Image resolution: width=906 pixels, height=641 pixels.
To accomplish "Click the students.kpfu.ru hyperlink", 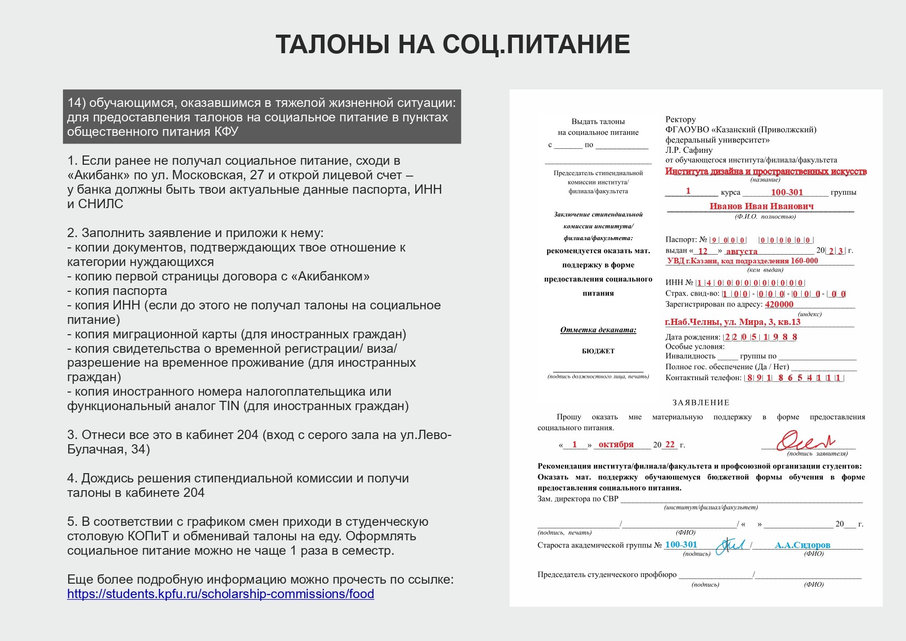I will pos(221,594).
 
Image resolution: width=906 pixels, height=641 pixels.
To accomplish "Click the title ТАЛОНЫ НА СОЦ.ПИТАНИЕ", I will pos(452,44).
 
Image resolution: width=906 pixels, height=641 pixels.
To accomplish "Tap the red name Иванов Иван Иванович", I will pos(761,206).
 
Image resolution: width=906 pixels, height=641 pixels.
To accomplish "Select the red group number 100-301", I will pos(787,192).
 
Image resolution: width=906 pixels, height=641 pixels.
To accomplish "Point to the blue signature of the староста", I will pos(730,545).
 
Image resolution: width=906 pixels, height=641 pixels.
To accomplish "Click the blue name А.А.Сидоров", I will pos(802,545).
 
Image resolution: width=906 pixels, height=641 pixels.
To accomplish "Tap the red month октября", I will pos(616,444).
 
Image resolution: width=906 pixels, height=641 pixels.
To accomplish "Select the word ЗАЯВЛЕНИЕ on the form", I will pos(701,402).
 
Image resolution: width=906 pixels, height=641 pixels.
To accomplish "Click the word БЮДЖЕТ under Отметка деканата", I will pos(598,351).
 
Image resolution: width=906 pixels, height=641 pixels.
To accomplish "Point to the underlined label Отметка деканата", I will pos(598,330).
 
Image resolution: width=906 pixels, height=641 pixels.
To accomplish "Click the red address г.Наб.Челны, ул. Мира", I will pos(732,322).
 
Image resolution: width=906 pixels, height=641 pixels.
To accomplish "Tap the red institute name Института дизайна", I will pos(766,171).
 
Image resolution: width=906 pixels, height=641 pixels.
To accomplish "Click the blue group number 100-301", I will pos(681,544).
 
